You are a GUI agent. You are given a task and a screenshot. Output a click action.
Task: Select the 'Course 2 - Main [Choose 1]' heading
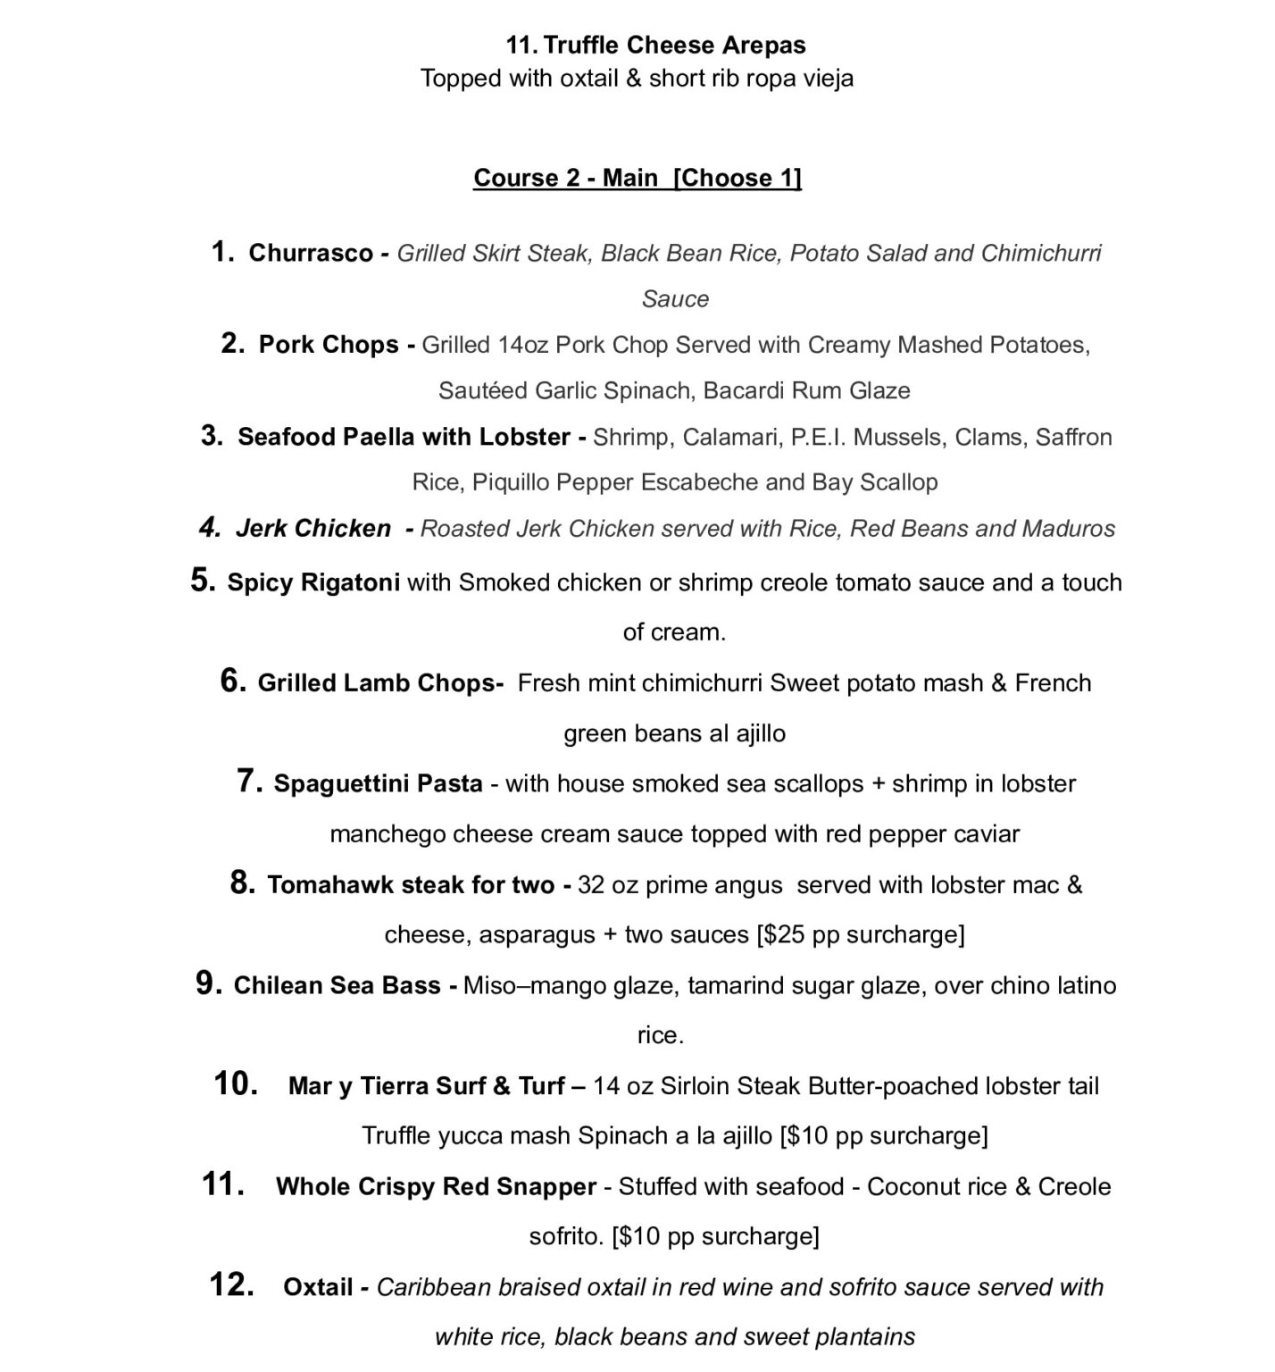coord(637,178)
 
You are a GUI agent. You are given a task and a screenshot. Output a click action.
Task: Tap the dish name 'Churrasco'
coord(310,253)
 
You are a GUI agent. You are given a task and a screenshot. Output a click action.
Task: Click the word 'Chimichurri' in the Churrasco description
coord(1041,253)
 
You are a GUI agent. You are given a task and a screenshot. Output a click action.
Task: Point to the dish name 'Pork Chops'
coord(328,345)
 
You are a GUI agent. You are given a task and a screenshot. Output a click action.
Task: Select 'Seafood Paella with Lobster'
coord(404,437)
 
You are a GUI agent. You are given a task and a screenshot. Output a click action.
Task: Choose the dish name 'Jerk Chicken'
coord(312,529)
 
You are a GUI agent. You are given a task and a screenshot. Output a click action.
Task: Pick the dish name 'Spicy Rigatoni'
coord(313,583)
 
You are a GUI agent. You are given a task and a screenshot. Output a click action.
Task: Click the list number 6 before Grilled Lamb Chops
coord(232,681)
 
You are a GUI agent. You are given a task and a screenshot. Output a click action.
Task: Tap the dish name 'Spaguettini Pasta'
coord(378,784)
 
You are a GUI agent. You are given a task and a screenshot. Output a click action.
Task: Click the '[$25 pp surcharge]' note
coord(860,935)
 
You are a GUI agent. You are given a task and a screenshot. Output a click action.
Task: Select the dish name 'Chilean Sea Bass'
coord(337,985)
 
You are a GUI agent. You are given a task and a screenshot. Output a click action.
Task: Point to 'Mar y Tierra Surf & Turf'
coord(426,1086)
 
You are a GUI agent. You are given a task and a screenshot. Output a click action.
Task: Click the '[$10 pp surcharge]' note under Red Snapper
coord(715,1236)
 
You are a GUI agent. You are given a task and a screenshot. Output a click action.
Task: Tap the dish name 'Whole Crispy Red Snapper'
coord(436,1187)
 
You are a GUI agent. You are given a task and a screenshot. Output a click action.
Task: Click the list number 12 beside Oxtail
coord(231,1284)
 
